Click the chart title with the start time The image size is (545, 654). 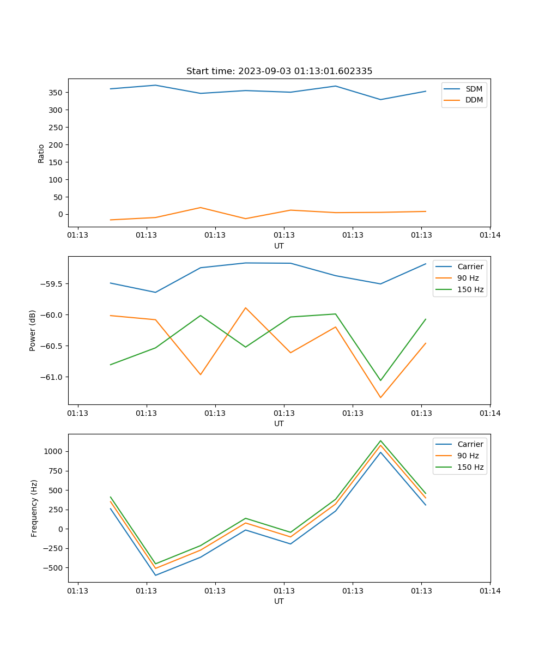pos(279,71)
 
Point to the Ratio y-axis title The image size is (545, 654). pos(41,153)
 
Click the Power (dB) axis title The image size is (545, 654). pos(33,330)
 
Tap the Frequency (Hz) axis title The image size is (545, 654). pos(34,508)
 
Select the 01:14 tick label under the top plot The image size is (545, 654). pos(490,235)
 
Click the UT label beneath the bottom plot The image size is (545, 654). pos(279,601)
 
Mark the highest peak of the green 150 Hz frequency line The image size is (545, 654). pos(380,441)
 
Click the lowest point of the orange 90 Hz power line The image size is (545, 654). pos(380,397)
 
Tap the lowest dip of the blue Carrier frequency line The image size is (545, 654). pos(155,575)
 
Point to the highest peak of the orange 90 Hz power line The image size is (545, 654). pos(246,308)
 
